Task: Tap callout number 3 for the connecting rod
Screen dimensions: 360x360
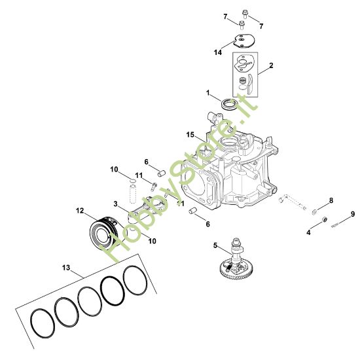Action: (x=115, y=204)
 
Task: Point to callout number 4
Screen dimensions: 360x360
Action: (x=308, y=232)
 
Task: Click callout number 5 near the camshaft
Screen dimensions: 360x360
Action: (x=215, y=247)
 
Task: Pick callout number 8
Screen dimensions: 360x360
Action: (x=331, y=200)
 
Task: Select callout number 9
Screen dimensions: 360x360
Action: (x=353, y=213)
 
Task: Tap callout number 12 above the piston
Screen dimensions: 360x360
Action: (x=80, y=211)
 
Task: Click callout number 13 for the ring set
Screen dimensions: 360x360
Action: (x=65, y=268)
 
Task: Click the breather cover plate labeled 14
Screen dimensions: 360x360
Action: (x=244, y=39)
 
